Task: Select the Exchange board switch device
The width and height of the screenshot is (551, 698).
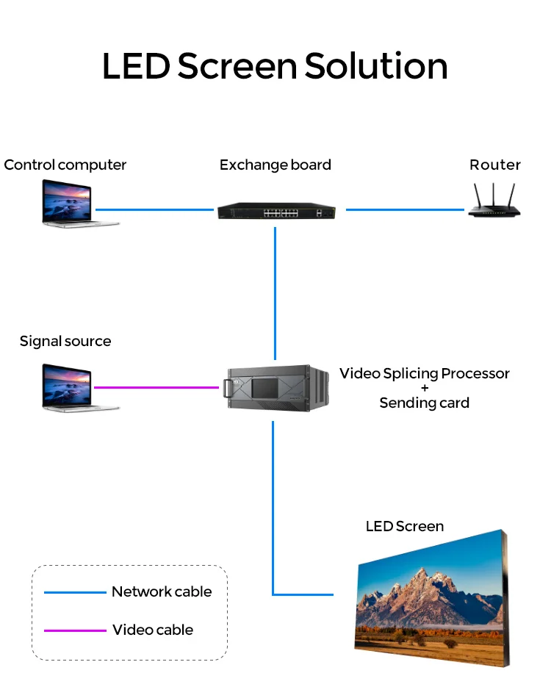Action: tap(275, 211)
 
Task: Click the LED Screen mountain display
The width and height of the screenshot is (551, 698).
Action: tap(430, 599)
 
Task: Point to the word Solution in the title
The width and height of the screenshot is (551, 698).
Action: tap(375, 66)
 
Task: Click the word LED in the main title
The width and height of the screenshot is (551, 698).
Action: tap(136, 66)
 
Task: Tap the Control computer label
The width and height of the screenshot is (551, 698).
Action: tap(65, 165)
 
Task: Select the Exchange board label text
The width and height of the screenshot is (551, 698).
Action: tap(275, 165)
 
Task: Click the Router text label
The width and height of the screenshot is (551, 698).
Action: tap(495, 165)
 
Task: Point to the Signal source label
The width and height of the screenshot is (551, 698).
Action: tap(65, 341)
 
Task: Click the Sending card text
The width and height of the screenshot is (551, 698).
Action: tap(424, 403)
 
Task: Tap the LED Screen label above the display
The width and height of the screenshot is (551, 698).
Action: tap(405, 526)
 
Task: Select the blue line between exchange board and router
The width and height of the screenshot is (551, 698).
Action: tap(405, 209)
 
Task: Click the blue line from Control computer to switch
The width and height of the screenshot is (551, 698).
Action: tap(154, 209)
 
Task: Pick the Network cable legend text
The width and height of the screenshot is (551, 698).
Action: tap(162, 591)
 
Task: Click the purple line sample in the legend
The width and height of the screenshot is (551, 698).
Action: tap(75, 630)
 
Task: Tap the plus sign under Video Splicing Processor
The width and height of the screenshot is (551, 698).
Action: tap(425, 388)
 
